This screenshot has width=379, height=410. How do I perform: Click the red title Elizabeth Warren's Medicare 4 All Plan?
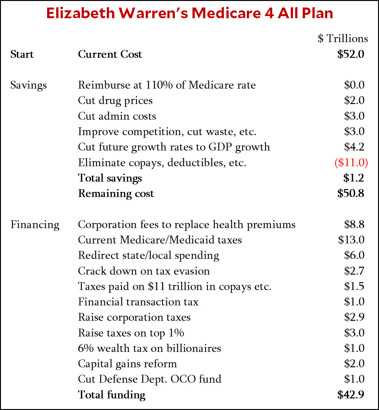189,13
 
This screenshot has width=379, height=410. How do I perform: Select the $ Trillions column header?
343,39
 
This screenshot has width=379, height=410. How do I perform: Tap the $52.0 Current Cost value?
351,54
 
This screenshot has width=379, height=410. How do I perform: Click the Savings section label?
28,85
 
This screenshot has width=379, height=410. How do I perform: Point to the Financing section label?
35,225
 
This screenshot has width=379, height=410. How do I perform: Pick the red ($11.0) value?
351,162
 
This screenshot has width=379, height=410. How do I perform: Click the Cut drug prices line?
115,101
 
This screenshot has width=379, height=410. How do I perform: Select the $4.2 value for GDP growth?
354,147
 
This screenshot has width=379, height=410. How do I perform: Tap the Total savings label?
110,178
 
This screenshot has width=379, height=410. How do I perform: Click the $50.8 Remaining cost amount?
351,193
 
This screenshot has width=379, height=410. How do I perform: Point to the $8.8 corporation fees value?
354,224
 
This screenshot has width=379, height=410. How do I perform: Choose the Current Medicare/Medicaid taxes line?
160,240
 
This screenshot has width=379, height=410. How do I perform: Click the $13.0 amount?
351,240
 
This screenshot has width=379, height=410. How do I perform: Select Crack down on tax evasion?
144,271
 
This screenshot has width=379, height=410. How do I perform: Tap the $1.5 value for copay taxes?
354,286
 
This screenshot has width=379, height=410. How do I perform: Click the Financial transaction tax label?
138,302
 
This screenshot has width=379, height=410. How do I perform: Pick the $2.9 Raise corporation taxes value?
354,317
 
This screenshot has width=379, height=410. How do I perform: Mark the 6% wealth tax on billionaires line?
149,348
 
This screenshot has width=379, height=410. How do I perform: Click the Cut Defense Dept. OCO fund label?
149,379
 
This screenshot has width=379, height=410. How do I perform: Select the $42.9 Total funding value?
351,395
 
